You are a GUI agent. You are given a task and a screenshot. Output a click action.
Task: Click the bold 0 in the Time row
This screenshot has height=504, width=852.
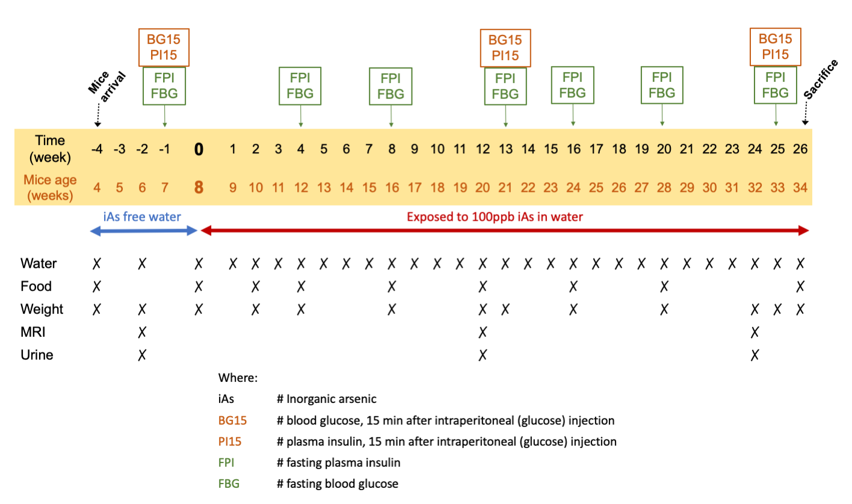(x=198, y=149)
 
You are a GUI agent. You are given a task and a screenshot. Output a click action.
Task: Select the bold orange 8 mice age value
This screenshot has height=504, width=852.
(x=198, y=187)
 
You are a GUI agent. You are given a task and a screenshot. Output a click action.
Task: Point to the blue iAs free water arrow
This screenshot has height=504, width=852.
(x=143, y=230)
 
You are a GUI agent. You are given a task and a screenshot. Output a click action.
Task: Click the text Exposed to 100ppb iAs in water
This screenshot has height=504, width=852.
(x=495, y=217)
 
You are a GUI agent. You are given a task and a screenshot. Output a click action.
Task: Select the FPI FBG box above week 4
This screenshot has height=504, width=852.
(x=300, y=87)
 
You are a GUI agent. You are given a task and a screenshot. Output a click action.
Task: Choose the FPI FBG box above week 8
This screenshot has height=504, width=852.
(x=390, y=87)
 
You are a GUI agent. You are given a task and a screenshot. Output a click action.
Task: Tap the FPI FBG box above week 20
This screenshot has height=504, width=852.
(x=662, y=85)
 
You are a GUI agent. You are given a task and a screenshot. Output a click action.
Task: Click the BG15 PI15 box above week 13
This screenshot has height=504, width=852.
(x=505, y=48)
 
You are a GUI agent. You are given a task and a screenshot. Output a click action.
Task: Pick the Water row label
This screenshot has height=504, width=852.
(x=39, y=263)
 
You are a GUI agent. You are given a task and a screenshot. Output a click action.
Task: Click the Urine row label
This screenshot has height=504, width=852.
(x=37, y=355)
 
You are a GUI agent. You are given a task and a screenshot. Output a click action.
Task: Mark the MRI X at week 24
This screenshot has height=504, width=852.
(x=754, y=332)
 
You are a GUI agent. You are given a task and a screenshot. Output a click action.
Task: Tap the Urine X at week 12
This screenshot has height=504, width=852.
(x=482, y=355)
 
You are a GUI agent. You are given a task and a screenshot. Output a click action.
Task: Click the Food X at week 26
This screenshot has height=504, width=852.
(x=800, y=286)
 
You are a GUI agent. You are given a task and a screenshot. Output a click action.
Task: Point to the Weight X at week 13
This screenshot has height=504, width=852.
(x=505, y=309)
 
